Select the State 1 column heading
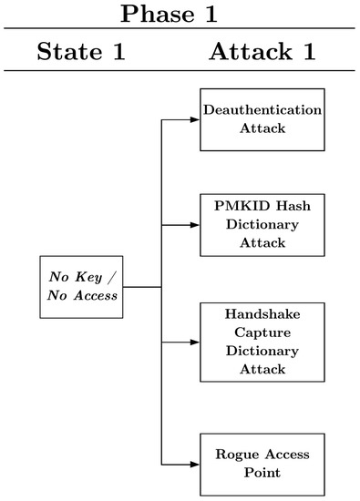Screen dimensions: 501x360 click(x=80, y=51)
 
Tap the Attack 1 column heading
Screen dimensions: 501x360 click(x=262, y=51)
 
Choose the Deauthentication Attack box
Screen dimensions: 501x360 click(x=262, y=119)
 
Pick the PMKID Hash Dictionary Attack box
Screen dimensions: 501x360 click(x=262, y=223)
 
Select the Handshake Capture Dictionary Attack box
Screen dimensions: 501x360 click(x=262, y=341)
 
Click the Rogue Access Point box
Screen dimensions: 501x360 click(x=262, y=464)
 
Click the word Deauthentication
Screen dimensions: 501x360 click(x=262, y=110)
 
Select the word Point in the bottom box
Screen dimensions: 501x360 click(x=262, y=473)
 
